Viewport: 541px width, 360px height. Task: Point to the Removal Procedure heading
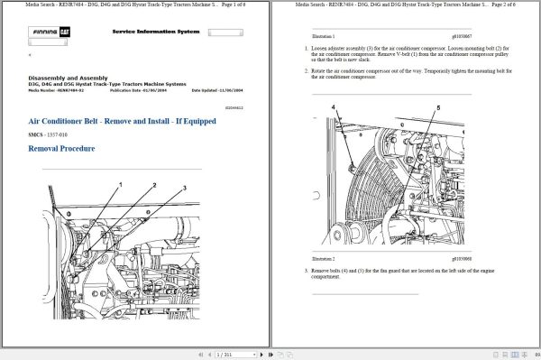62,148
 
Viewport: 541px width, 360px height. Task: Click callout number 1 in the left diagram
119,184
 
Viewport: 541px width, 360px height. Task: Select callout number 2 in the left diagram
154,185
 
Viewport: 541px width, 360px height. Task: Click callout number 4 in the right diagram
334,107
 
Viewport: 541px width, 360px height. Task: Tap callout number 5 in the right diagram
439,108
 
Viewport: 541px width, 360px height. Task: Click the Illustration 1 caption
323,37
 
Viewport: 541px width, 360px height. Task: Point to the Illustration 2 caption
323,260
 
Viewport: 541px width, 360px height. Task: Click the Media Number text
57,90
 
